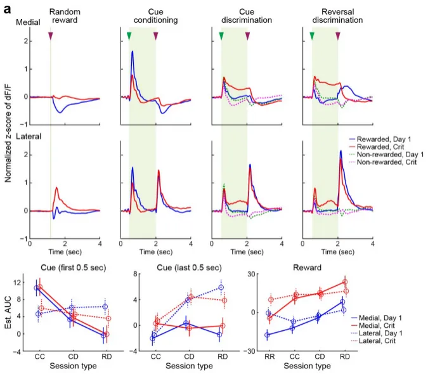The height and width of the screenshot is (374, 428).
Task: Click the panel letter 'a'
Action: [8, 10]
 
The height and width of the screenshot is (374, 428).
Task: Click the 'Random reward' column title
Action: [65, 16]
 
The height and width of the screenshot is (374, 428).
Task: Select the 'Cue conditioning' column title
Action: [155, 16]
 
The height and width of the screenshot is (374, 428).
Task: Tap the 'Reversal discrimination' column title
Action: [338, 16]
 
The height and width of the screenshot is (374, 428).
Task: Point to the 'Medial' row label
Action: [28, 22]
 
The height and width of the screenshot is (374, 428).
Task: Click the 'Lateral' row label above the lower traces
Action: [29, 136]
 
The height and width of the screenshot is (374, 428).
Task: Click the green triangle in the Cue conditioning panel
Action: [129, 35]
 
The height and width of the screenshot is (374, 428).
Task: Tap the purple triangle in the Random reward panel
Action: [50, 35]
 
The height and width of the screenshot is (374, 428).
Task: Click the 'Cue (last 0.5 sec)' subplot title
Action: [189, 268]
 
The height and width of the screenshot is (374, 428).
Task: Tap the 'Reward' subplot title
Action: [307, 268]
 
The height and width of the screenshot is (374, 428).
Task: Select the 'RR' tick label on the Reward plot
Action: [269, 356]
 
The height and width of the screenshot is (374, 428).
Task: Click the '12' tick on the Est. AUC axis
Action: [17, 282]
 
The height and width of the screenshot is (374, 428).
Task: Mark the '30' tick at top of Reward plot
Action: [251, 274]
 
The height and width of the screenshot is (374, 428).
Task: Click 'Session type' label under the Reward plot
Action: [307, 366]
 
